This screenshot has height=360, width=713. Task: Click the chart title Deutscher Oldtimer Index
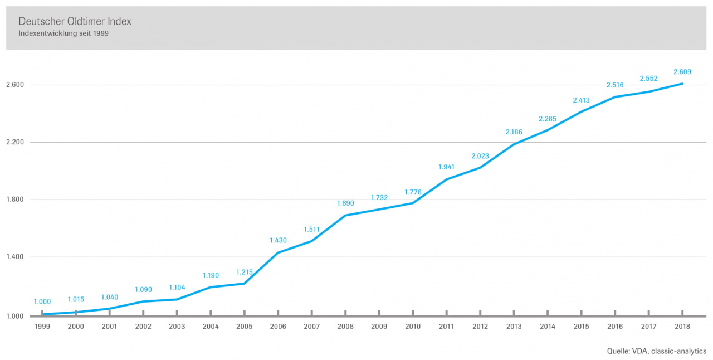tap(75, 21)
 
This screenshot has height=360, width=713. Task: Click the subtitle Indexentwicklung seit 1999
tap(64, 33)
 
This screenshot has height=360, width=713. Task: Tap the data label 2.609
tap(682, 72)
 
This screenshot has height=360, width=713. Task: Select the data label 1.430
tap(278, 240)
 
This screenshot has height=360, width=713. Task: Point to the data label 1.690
tap(345, 203)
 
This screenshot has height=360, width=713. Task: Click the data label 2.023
tap(480, 156)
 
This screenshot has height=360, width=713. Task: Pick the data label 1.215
tap(245, 272)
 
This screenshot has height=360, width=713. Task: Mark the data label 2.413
tap(581, 100)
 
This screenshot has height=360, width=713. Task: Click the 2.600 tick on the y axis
tap(15, 85)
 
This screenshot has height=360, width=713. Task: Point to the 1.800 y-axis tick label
tap(15, 200)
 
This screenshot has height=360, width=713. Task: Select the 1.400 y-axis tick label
tap(15, 257)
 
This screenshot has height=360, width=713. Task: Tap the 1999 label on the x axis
tap(42, 326)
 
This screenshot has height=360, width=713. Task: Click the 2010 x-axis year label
tap(413, 326)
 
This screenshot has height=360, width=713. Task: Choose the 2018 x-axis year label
tap(682, 326)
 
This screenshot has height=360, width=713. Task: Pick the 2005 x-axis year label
tap(245, 326)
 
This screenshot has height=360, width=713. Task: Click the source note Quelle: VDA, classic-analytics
tap(656, 351)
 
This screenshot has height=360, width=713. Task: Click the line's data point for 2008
tap(345, 215)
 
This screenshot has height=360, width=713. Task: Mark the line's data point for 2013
tap(514, 144)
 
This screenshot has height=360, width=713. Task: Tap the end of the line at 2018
tap(682, 84)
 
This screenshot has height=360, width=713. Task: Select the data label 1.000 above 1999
tap(42, 301)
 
